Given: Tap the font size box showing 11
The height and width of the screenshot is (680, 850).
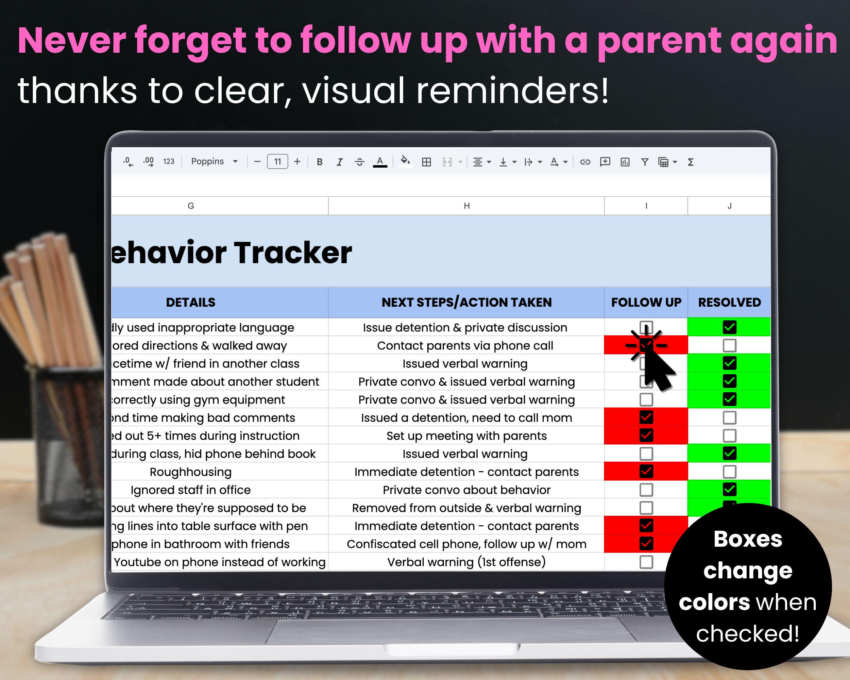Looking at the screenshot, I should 277,161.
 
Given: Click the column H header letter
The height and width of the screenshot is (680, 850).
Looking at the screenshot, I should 466,206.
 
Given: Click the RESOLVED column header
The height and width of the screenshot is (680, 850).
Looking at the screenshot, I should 729,302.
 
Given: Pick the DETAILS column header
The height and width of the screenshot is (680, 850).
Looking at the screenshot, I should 191,302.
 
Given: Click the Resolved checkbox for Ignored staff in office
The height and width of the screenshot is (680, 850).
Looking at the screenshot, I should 729,490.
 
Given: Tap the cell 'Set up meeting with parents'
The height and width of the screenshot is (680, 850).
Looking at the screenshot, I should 466,436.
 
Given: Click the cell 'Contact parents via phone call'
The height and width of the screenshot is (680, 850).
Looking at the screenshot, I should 465,346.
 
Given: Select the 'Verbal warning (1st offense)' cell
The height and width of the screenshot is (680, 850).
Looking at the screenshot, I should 466,562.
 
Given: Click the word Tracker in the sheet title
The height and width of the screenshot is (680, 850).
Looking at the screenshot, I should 294,253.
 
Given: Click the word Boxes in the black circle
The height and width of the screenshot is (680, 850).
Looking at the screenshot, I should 748,539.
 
